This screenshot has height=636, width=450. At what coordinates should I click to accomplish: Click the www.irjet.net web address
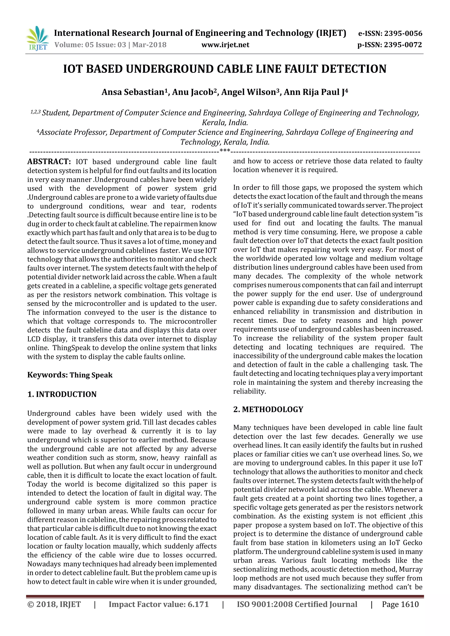coord(225,45)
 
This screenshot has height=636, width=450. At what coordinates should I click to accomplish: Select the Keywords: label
coord(47,375)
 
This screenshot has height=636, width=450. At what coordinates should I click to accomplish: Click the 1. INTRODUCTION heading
coord(62,394)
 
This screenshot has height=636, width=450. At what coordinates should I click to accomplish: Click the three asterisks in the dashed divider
coord(225,151)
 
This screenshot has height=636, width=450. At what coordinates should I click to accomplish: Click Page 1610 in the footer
coord(400,604)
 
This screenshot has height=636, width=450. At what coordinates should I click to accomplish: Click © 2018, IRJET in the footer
coord(54,604)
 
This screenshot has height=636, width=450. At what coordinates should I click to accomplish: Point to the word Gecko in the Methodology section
coord(412,543)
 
